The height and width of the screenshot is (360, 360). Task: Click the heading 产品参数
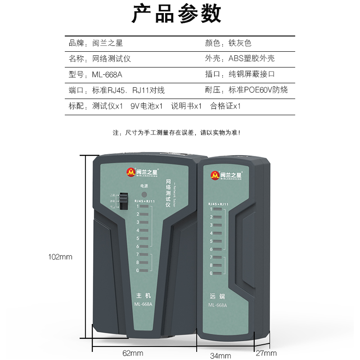click(176, 14)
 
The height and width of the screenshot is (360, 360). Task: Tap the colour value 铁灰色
click(240, 43)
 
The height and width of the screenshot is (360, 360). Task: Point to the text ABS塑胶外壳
click(252, 58)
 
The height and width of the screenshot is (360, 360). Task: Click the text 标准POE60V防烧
click(258, 90)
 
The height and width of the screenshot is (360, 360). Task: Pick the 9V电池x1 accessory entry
click(146, 106)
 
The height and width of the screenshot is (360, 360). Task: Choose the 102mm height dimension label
click(60, 257)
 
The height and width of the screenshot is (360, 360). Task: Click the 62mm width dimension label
click(133, 353)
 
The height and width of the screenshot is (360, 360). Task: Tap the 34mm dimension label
click(220, 355)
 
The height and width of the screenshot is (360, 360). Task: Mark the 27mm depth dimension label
click(266, 353)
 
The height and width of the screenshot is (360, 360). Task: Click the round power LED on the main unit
click(144, 195)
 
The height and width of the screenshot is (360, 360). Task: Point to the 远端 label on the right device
click(217, 297)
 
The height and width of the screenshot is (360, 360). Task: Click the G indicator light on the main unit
click(144, 270)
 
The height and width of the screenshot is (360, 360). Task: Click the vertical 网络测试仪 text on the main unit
click(168, 193)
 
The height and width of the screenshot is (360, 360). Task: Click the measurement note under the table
click(176, 133)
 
